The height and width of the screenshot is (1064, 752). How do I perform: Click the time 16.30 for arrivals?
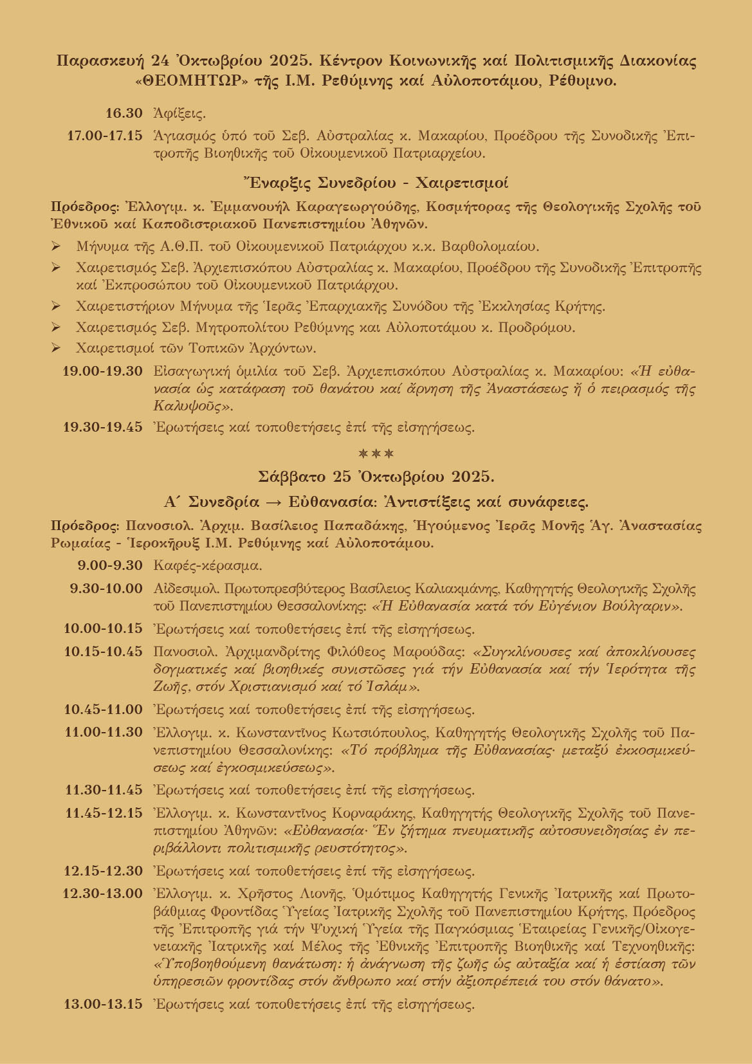tap(124, 114)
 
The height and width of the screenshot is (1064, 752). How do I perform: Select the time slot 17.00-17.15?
tap(105, 136)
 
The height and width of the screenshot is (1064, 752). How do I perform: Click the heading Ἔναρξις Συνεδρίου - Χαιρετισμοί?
tap(376, 183)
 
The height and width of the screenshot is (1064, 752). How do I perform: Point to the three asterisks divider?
tap(376, 454)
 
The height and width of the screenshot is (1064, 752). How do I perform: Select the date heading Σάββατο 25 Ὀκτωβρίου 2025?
tap(376, 477)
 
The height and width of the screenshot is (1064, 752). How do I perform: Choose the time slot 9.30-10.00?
tap(106, 588)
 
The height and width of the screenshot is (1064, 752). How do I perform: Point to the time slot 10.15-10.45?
tap(104, 651)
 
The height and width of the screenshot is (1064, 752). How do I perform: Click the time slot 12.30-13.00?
tap(103, 894)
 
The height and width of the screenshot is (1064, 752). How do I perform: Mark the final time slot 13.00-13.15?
tap(103, 1004)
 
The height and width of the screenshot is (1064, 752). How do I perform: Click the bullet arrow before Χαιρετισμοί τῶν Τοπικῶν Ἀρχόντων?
tap(56, 349)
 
